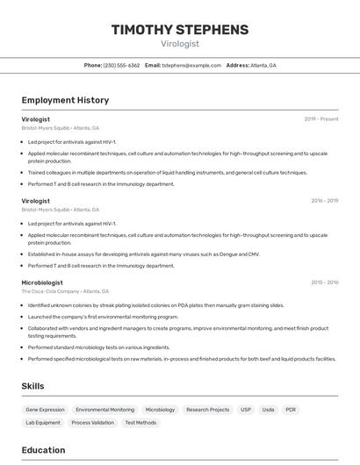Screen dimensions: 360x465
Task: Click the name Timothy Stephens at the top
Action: click(180, 29)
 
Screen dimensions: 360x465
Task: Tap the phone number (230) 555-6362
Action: click(121, 66)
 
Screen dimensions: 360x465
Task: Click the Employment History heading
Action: click(65, 100)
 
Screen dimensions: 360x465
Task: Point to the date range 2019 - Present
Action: click(321, 119)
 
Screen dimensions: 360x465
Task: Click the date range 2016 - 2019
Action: click(324, 201)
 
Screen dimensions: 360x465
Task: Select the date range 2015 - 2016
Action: click(324, 283)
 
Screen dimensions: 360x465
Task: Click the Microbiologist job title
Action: click(42, 283)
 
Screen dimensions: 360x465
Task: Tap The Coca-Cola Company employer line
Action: click(65, 291)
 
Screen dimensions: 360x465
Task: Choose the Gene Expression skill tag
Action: click(45, 410)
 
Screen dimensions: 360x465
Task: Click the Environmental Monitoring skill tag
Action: click(105, 410)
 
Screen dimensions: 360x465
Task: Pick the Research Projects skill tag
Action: click(208, 410)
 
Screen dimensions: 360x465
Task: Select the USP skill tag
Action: click(246, 410)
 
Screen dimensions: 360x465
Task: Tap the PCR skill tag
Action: click(291, 410)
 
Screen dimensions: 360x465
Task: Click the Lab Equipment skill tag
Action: click(43, 423)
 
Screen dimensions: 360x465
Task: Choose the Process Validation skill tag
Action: click(93, 423)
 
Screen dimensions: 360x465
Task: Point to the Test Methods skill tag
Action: click(140, 423)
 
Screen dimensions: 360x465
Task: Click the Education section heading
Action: click(44, 450)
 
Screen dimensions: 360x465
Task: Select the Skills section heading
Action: click(33, 386)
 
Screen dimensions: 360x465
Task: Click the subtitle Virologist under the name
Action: click(180, 43)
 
